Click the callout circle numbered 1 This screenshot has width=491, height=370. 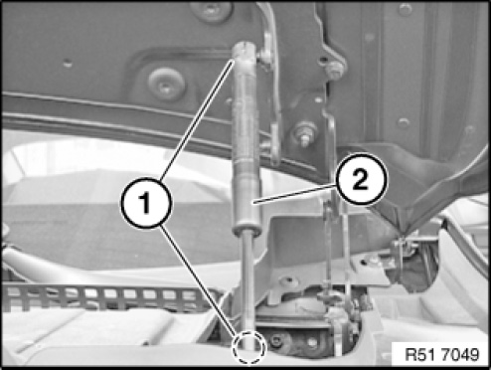146,203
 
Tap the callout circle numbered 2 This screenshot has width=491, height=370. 361,179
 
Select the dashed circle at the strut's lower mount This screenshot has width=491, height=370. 248,348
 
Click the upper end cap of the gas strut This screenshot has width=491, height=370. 245,52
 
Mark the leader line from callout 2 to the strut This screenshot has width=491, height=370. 294,194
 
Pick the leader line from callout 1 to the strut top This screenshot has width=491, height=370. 198,120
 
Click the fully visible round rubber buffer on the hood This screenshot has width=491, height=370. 166,85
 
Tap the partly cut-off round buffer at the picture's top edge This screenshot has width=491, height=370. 212,11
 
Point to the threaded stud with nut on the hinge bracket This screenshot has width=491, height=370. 305,133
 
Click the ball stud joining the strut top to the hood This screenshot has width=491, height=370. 266,56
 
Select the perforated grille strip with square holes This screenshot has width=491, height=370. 109,295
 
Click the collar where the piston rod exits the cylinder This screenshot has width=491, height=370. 246,230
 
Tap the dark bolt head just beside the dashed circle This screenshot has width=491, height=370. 276,340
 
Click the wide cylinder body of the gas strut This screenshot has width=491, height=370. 245,142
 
